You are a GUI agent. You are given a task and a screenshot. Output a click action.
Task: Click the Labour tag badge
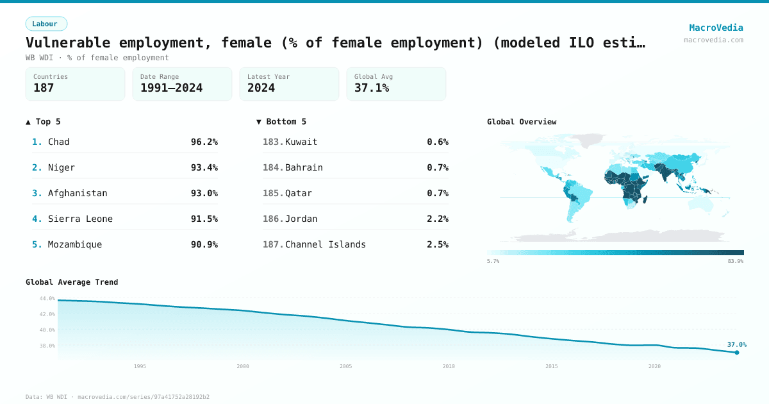tap(46, 24)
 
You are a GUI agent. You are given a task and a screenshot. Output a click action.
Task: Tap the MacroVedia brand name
tap(716, 28)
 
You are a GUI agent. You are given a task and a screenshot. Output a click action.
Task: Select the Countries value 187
tap(44, 88)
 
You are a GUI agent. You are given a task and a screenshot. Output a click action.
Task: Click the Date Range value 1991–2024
tap(171, 88)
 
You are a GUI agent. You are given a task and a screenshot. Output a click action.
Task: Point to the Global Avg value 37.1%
tap(372, 88)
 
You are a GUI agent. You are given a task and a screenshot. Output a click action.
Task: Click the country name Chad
tap(59, 142)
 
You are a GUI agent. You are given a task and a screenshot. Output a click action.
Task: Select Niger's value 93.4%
tap(204, 167)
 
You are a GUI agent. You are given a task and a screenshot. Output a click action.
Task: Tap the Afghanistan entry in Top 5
tap(78, 193)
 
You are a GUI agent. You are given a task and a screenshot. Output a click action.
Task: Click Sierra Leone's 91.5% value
tap(204, 219)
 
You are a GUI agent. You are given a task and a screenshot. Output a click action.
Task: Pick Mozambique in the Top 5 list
tap(75, 244)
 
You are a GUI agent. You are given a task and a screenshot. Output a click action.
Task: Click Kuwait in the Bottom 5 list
tap(301, 142)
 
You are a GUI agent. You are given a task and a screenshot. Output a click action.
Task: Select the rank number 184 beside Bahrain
tap(272, 167)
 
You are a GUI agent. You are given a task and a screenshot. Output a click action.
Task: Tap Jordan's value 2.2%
tap(438, 219)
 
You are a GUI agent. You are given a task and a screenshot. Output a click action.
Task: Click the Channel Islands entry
tap(326, 244)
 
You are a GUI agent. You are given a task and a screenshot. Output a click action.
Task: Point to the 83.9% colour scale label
tap(735, 262)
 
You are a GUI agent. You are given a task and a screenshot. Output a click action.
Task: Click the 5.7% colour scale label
tap(493, 262)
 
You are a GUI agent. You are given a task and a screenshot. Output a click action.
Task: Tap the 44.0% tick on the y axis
tap(47, 299)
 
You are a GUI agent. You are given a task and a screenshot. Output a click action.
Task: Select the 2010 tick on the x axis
tap(449, 366)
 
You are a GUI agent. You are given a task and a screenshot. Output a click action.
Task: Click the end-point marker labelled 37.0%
tap(736, 352)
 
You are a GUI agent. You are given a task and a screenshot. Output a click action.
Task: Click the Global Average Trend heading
tap(72, 282)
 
